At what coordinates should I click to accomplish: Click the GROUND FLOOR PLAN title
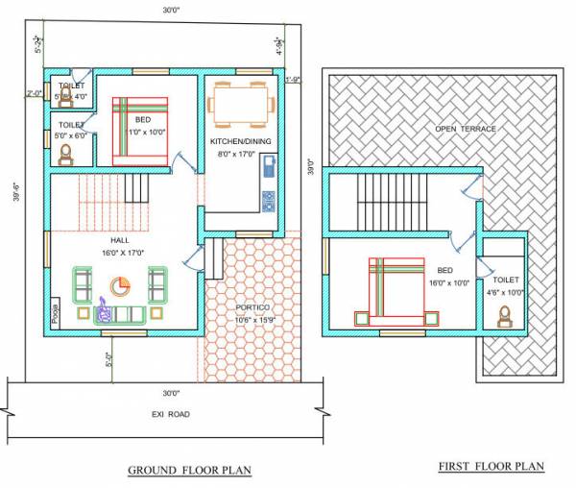(189, 470)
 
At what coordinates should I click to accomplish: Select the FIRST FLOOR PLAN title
(491, 466)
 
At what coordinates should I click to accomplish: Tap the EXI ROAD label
(170, 414)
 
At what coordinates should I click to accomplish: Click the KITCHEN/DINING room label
(240, 142)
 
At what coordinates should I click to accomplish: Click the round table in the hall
(120, 286)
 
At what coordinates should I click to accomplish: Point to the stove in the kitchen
(268, 201)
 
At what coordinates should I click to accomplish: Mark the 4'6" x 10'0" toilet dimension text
(506, 292)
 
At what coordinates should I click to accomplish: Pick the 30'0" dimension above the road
(171, 393)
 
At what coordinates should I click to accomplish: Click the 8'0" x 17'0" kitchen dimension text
(240, 154)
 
